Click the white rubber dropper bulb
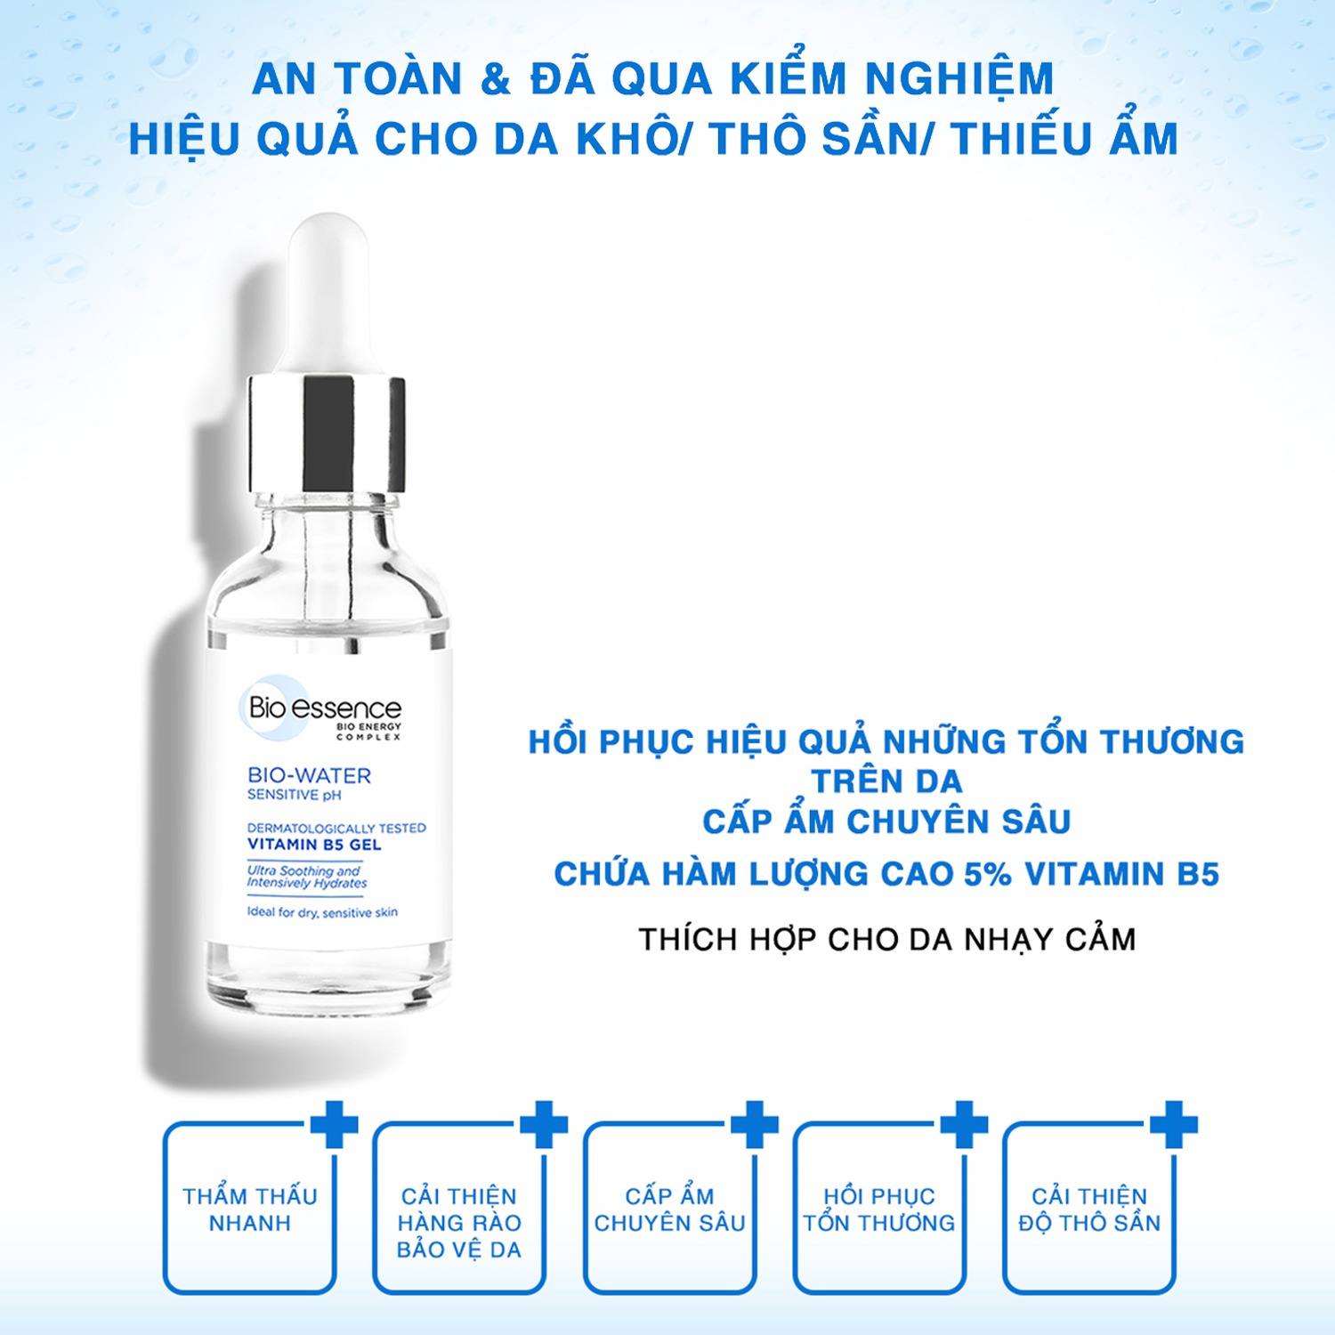(x=329, y=294)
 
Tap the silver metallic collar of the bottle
(x=327, y=434)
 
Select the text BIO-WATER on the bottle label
(x=309, y=775)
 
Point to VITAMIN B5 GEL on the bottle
(x=314, y=845)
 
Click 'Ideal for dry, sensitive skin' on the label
(x=322, y=912)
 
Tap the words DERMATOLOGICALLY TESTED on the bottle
(x=336, y=828)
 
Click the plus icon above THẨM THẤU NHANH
(x=335, y=1125)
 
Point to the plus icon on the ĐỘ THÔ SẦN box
(x=1174, y=1125)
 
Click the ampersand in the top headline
(x=496, y=79)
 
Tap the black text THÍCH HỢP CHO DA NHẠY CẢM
(x=887, y=939)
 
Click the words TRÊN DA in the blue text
(x=887, y=781)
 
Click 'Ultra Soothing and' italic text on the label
(x=303, y=870)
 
